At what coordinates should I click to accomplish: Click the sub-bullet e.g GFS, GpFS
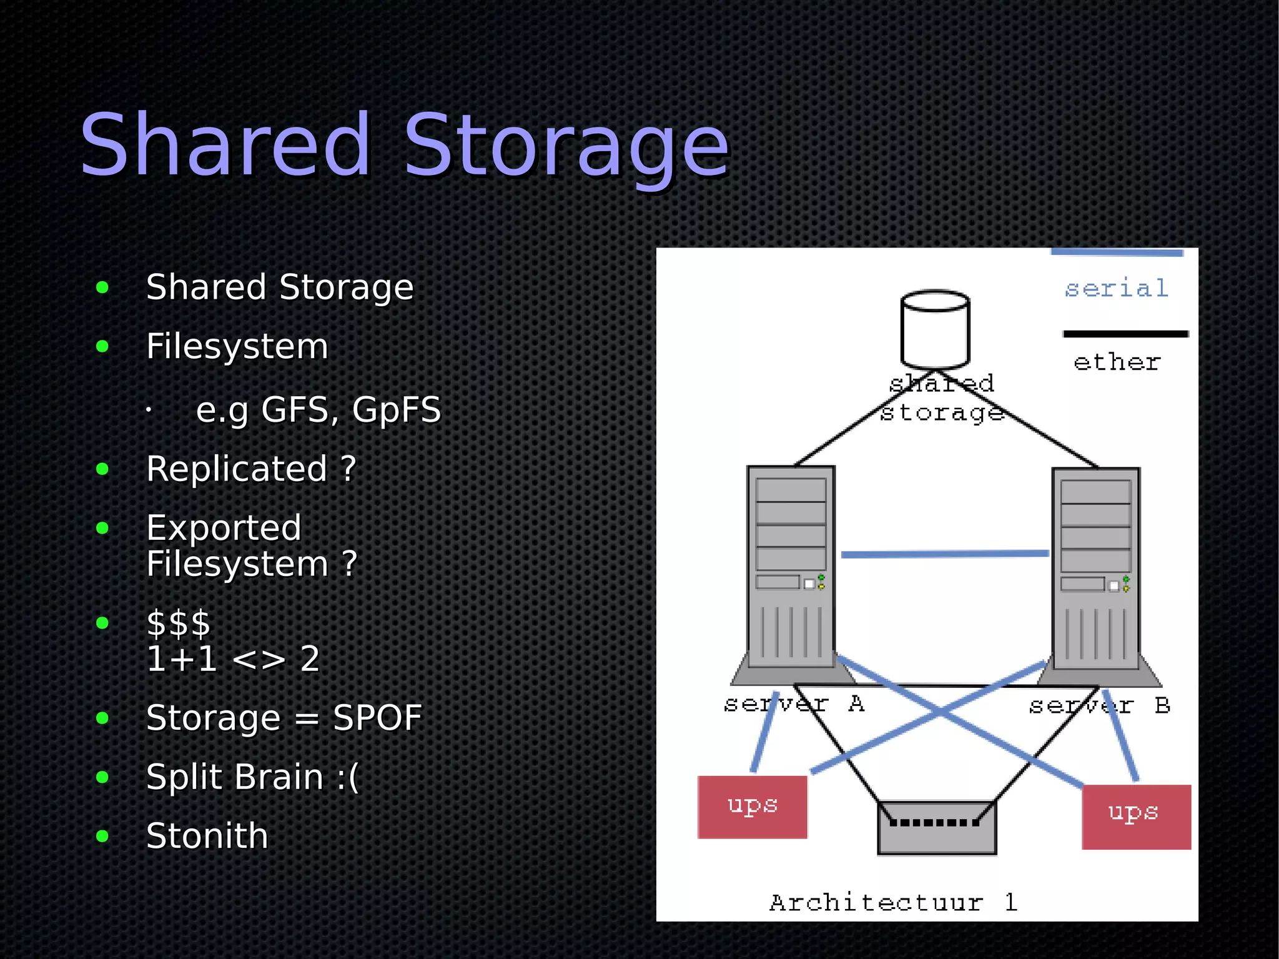click(x=318, y=410)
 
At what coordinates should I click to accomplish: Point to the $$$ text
click(x=179, y=623)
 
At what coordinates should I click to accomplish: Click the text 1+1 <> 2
click(x=232, y=658)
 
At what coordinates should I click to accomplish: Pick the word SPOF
click(x=377, y=717)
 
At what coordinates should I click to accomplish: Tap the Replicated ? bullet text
click(x=251, y=469)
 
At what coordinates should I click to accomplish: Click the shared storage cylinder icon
click(x=935, y=329)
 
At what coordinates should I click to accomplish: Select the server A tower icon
click(x=791, y=569)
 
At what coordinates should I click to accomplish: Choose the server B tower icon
click(x=1096, y=570)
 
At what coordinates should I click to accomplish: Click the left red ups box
click(x=752, y=807)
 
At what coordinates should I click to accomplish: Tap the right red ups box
click(x=1136, y=817)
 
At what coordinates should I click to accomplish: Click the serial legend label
click(x=1116, y=289)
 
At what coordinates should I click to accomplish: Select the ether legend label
click(x=1117, y=362)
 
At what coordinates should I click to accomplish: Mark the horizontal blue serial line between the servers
click(x=944, y=554)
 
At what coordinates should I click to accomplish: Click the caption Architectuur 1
click(x=893, y=902)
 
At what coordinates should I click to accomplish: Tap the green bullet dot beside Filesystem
click(x=102, y=346)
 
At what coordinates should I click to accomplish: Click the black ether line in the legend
click(x=1125, y=334)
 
